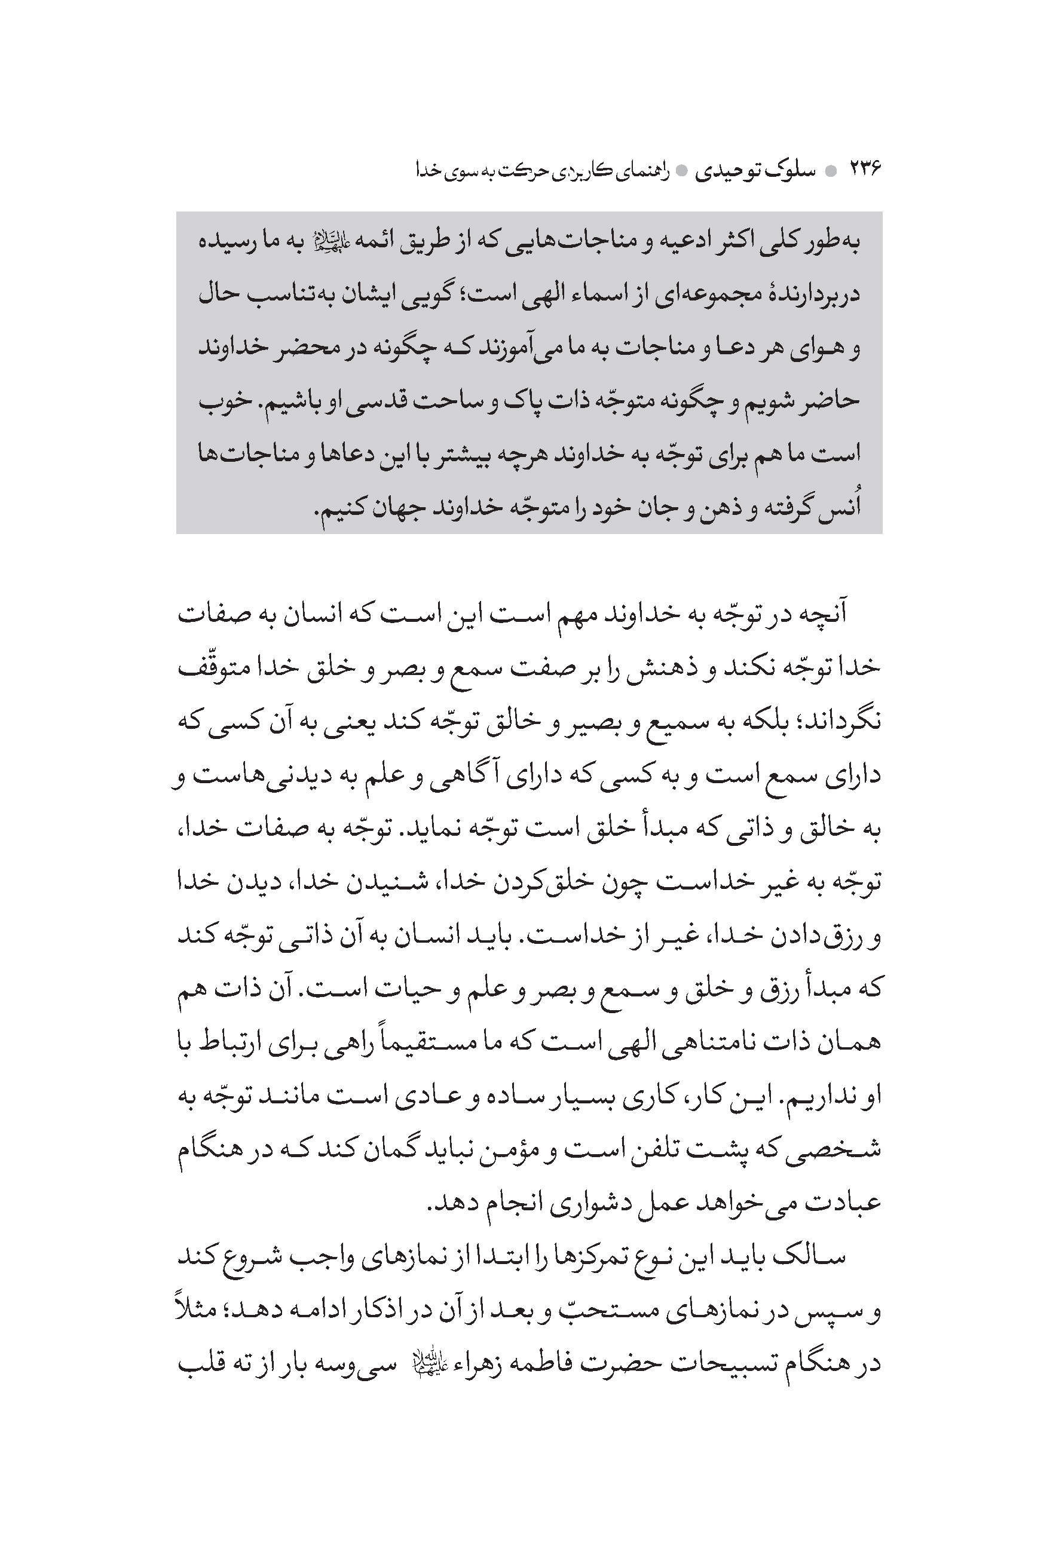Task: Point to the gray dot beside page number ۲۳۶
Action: pyautogui.click(x=831, y=171)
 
